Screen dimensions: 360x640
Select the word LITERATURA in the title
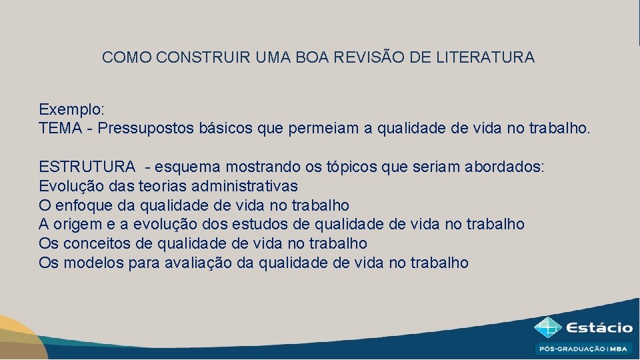(485, 57)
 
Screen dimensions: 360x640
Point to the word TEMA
(61, 128)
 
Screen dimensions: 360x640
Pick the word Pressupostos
(146, 128)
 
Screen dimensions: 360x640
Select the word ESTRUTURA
(87, 167)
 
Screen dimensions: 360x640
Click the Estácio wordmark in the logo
(599, 327)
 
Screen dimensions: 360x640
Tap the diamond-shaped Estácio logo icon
(547, 328)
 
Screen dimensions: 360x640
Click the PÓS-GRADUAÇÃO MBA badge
(584, 349)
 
